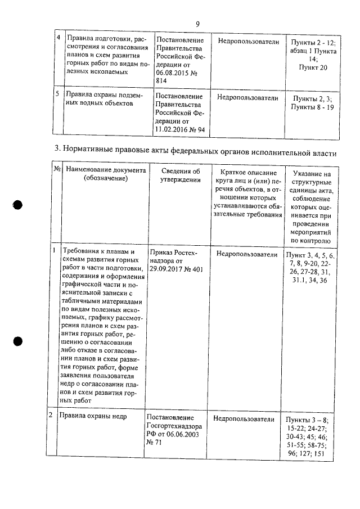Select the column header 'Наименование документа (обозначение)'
pyautogui.click(x=105, y=174)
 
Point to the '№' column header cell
pyautogui.click(x=57, y=168)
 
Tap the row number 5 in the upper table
pyautogui.click(x=57, y=94)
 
